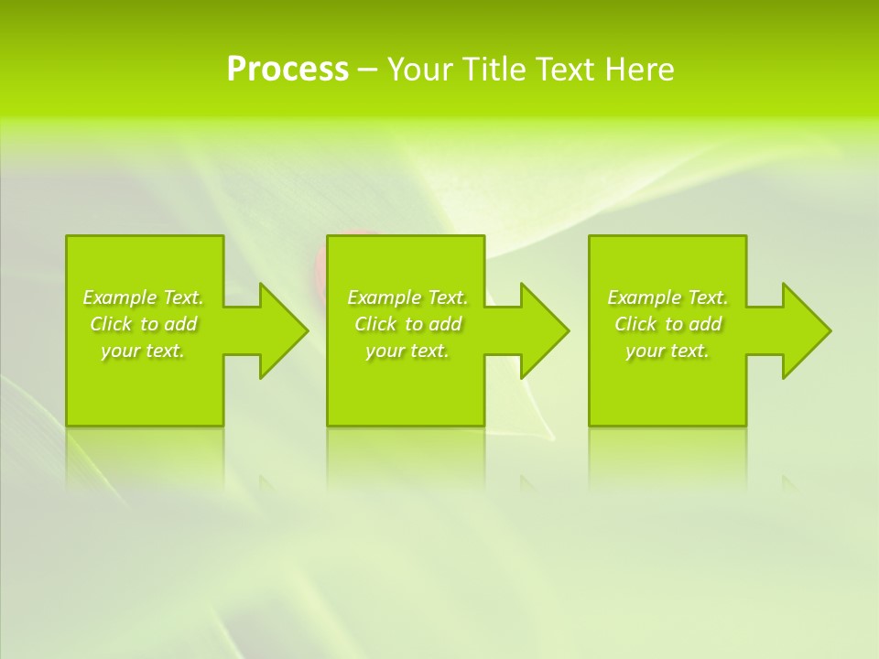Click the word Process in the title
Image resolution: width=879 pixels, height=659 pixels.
288,70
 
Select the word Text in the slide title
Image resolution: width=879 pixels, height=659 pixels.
568,70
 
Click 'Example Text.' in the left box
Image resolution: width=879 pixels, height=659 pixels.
144,297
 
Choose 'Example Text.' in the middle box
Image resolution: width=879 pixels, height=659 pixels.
407,297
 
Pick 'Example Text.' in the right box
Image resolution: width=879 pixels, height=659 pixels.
667,297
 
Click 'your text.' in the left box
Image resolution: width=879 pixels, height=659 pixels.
144,351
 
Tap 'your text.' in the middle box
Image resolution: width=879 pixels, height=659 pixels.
407,351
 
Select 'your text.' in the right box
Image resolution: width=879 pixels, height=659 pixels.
667,351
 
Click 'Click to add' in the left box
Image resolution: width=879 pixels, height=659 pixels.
144,324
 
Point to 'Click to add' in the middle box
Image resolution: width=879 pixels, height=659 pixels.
407,324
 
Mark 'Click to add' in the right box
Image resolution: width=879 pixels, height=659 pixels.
667,324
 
